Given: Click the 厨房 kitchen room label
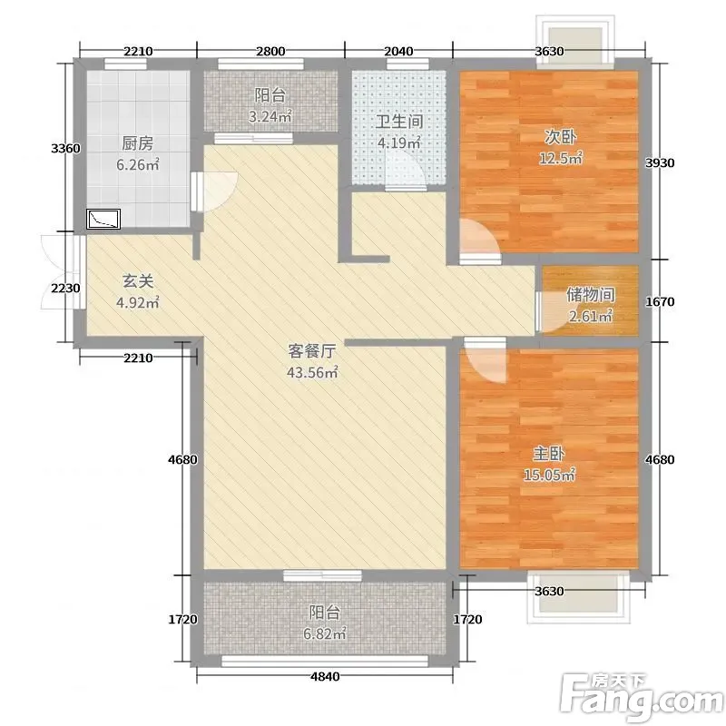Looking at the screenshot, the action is click(x=138, y=143).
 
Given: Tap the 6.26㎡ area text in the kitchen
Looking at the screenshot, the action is click(x=138, y=164).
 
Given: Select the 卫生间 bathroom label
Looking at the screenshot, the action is click(x=399, y=122).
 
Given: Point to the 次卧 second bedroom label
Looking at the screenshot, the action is click(x=560, y=137).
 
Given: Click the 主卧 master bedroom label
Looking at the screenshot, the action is click(x=549, y=454).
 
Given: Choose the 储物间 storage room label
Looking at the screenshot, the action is click(x=591, y=294).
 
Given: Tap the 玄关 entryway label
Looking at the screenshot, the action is click(x=138, y=281).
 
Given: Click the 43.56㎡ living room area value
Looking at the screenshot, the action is click(x=312, y=372).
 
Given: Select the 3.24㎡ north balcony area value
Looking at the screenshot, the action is click(x=270, y=116).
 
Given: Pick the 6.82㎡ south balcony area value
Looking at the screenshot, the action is click(x=325, y=633).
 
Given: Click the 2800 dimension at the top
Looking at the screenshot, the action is click(x=270, y=51).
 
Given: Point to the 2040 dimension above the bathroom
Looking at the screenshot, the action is click(x=398, y=51).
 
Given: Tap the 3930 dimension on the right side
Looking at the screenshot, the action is click(x=660, y=163).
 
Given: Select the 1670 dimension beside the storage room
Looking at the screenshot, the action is click(x=660, y=302).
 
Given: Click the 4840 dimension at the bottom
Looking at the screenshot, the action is click(x=325, y=676).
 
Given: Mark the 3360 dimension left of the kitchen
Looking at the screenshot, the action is click(x=65, y=149).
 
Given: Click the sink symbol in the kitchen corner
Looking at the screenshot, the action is click(x=103, y=219).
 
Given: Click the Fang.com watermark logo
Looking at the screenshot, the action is click(x=643, y=697).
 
